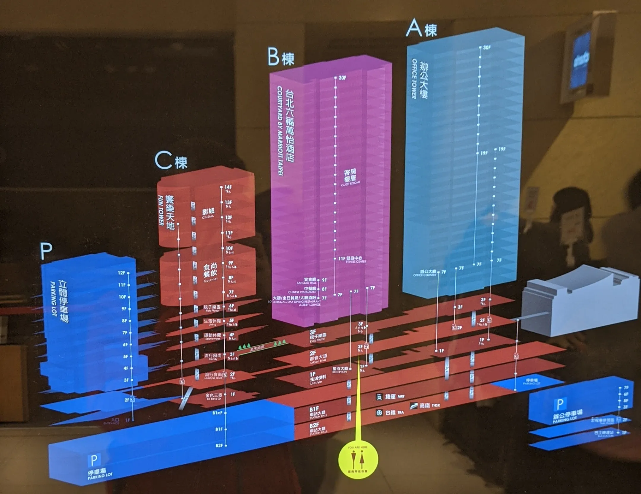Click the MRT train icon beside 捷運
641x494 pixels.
point(379,397)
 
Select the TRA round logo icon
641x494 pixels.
point(379,413)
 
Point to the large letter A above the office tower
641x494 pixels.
point(414,28)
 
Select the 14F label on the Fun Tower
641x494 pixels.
point(228,187)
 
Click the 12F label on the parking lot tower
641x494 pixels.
point(121,273)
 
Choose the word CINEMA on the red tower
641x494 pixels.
point(208,217)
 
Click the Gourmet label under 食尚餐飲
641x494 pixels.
point(210,280)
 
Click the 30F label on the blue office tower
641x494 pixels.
point(487,48)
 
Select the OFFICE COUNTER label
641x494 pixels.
point(424,275)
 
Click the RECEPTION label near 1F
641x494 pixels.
point(339,372)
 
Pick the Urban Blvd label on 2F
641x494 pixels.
point(318,361)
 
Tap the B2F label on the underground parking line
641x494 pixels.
point(219,446)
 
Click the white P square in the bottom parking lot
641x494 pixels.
point(94,460)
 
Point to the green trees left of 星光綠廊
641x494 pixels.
point(244,346)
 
